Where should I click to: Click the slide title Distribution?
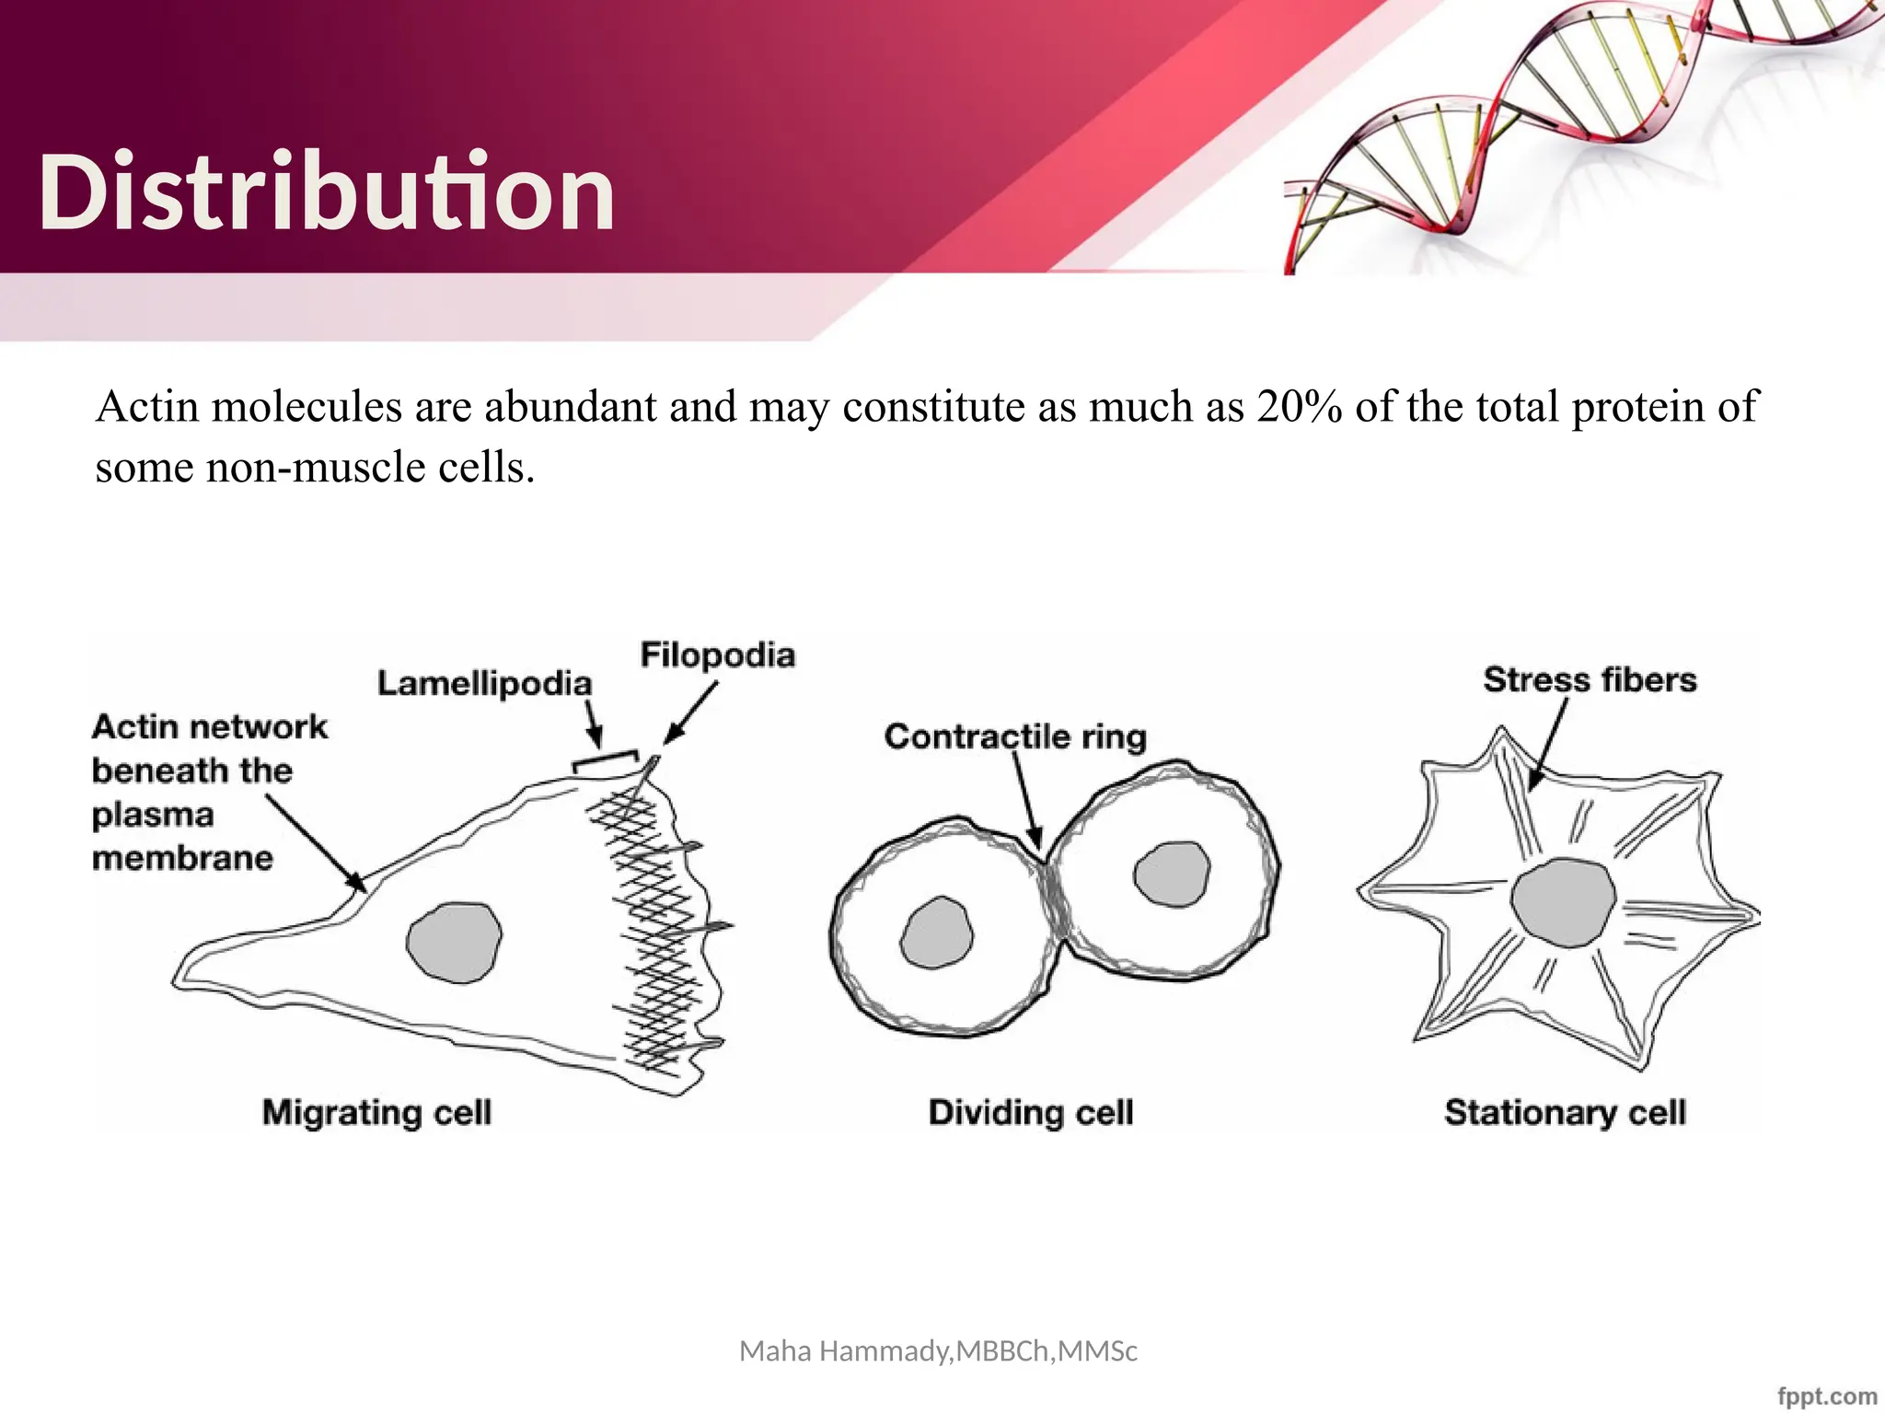327,191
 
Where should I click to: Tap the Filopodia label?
718,655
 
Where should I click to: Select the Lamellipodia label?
485,684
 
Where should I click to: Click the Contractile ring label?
1015,736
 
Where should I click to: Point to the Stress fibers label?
1590,680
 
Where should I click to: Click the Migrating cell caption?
376,1112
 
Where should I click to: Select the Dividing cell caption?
1031,1112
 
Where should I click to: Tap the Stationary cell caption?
1565,1112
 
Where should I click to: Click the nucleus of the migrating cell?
454,942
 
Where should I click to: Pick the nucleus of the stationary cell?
1563,902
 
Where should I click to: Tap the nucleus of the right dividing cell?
1172,874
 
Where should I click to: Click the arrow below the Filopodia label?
692,712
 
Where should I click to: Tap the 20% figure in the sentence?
1300,407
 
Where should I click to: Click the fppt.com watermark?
1827,1397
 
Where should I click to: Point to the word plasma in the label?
153,815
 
